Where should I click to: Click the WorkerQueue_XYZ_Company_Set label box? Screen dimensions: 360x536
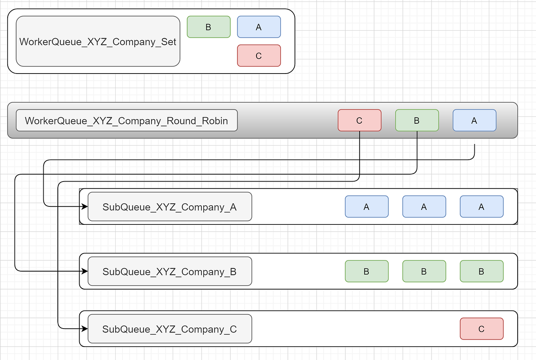coord(98,41)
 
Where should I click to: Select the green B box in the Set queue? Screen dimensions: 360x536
coord(209,27)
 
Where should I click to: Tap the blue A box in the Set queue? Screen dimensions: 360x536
coord(259,27)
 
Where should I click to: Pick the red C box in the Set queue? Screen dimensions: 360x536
coord(259,56)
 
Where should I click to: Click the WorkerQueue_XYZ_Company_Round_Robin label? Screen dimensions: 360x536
coord(127,121)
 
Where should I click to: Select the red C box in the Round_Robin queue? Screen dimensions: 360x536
coord(360,120)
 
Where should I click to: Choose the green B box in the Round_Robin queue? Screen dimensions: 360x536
coord(417,120)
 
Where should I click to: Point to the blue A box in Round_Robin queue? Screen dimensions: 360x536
coord(474,120)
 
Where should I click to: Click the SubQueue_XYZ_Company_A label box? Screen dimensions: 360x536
coord(170,207)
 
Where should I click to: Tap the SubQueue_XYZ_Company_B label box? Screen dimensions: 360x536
coord(170,272)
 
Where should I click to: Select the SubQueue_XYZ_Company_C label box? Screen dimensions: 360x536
coord(170,329)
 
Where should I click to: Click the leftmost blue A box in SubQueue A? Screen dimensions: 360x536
coord(367,207)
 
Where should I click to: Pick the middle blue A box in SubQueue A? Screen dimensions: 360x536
coord(424,207)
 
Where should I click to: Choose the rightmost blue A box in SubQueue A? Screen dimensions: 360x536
coord(482,207)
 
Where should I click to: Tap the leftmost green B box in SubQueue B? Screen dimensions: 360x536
coord(367,272)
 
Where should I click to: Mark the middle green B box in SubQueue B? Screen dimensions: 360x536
coord(424,272)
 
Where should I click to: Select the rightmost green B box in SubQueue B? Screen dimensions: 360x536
coord(482,272)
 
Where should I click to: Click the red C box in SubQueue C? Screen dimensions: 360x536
coord(482,329)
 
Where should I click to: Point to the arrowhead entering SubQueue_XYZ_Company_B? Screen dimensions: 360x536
coord(85,271)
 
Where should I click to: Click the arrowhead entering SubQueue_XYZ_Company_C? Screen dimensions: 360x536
coord(85,329)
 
